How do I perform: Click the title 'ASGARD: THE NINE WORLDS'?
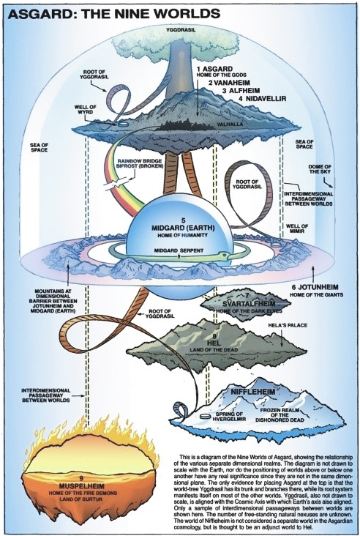(114, 14)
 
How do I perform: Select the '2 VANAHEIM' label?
(229, 83)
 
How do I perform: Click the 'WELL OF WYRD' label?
(86, 109)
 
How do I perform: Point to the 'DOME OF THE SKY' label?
(320, 169)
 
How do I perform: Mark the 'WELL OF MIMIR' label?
(297, 228)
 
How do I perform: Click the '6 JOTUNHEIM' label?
(315, 287)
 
